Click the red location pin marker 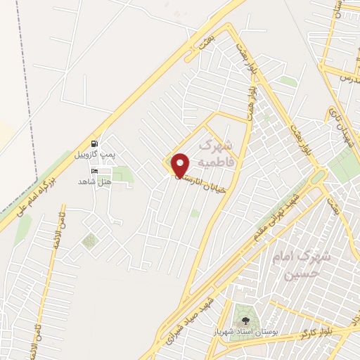tap(181, 165)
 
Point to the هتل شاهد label tap(96, 181)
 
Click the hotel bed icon tap(95, 171)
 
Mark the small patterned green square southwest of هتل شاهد tap(89, 241)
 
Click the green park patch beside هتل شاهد tap(122, 173)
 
